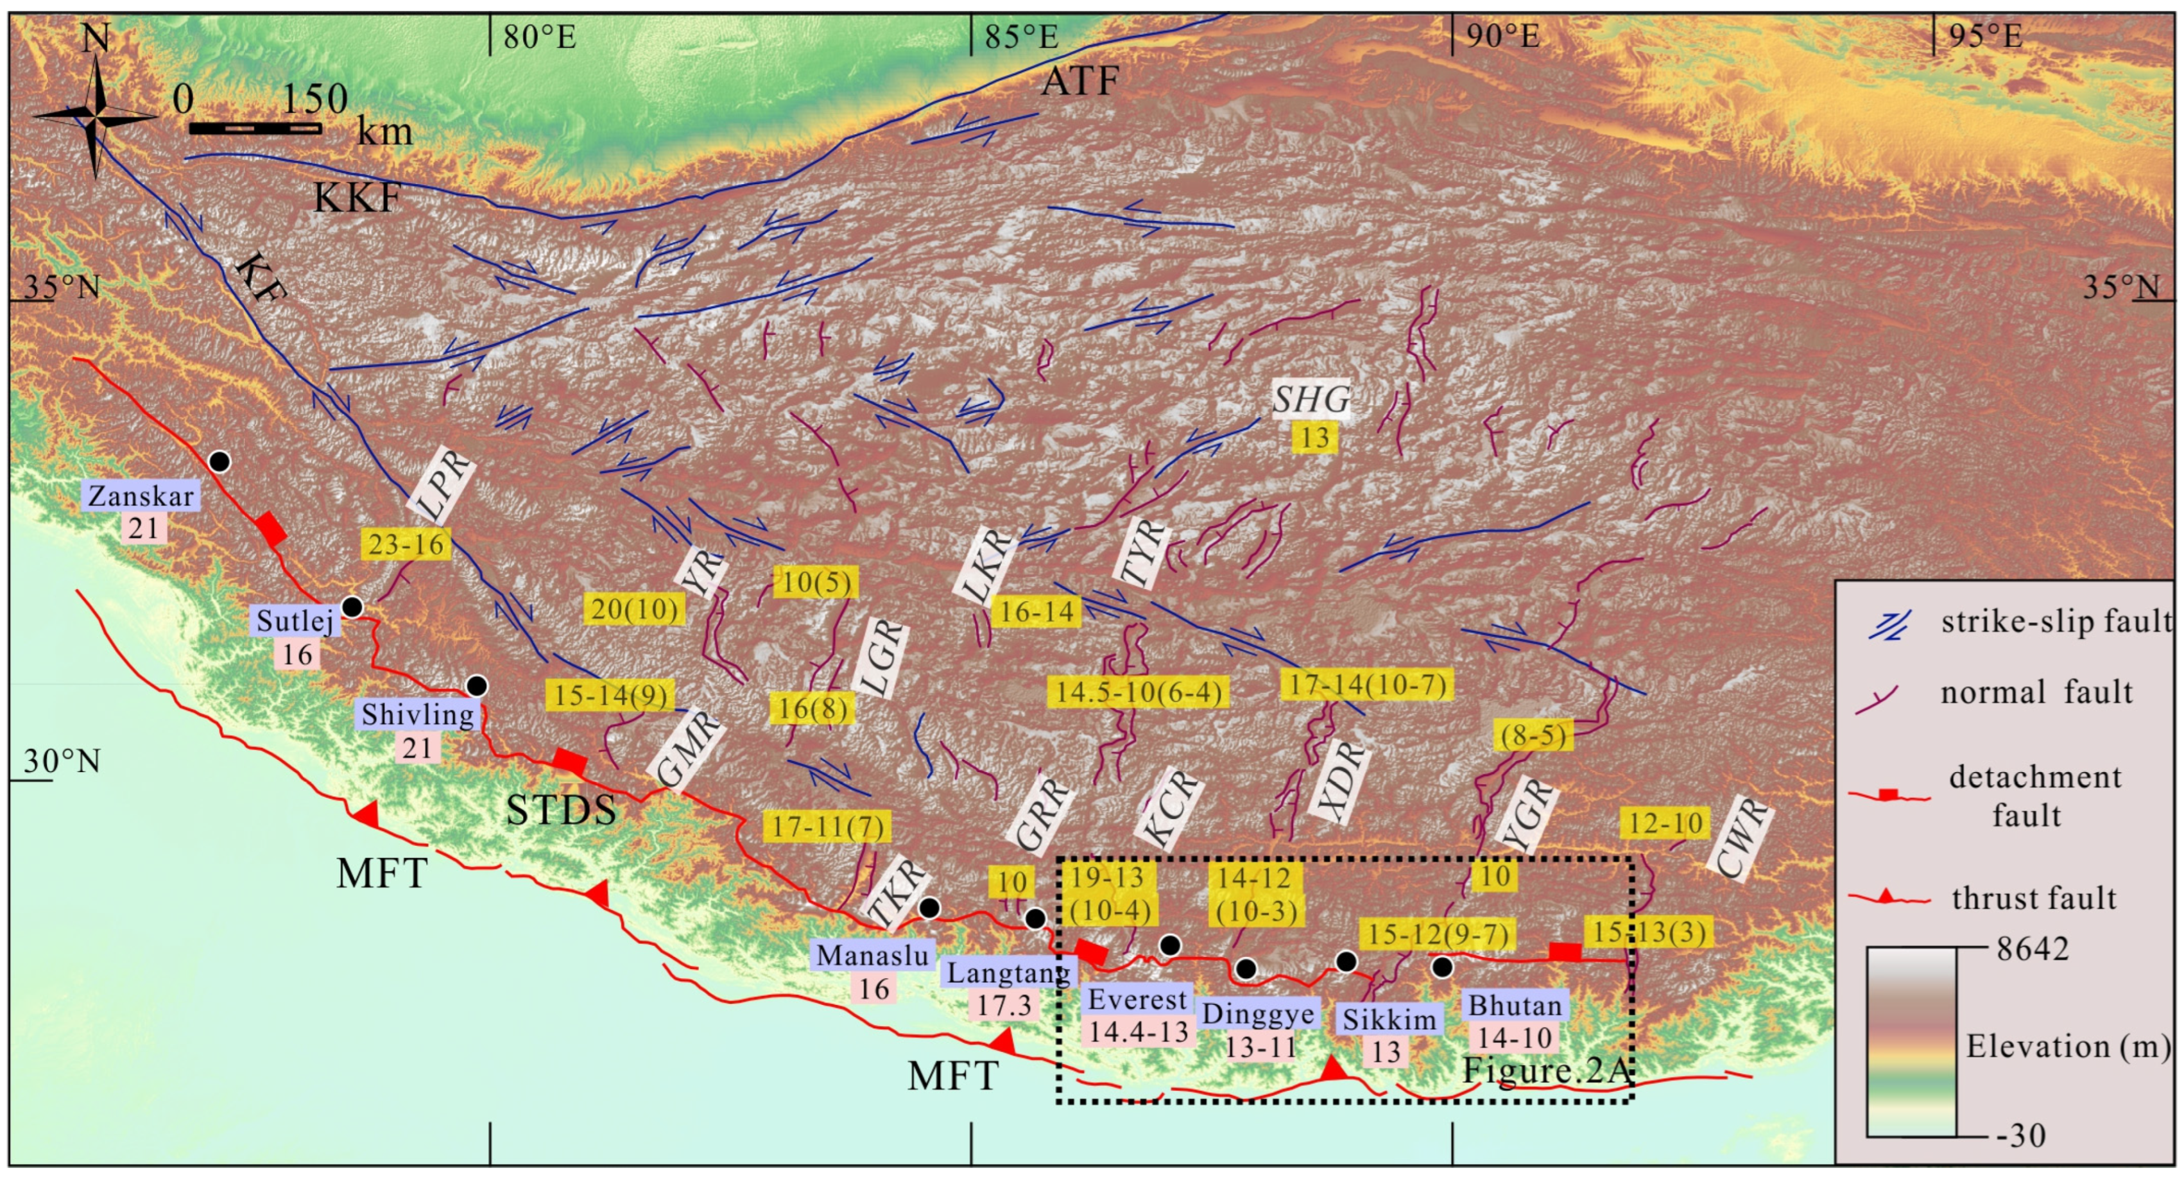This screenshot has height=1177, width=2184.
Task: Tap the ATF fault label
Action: [x=1079, y=82]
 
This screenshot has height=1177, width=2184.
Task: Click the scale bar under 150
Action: [x=254, y=129]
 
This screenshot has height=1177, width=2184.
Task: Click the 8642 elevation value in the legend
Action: [x=2033, y=948]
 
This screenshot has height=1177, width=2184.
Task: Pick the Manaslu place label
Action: [x=872, y=956]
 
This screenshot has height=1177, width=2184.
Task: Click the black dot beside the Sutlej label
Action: [x=352, y=607]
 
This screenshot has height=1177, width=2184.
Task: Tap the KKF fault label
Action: [x=357, y=198]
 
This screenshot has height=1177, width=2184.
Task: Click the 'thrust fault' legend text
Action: [x=2034, y=897]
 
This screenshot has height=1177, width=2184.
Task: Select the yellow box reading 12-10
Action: [x=1664, y=823]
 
